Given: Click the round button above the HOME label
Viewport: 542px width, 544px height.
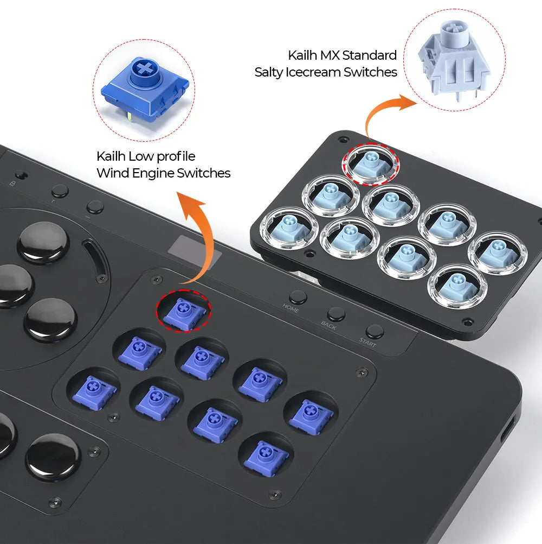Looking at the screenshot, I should tap(298, 297).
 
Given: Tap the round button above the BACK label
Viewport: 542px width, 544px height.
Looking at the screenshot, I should tap(336, 314).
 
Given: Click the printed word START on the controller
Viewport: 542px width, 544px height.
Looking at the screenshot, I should tap(367, 343).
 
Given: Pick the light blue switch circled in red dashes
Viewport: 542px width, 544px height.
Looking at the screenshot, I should tap(372, 162).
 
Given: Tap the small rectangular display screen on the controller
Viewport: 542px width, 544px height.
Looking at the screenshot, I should tap(195, 247).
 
